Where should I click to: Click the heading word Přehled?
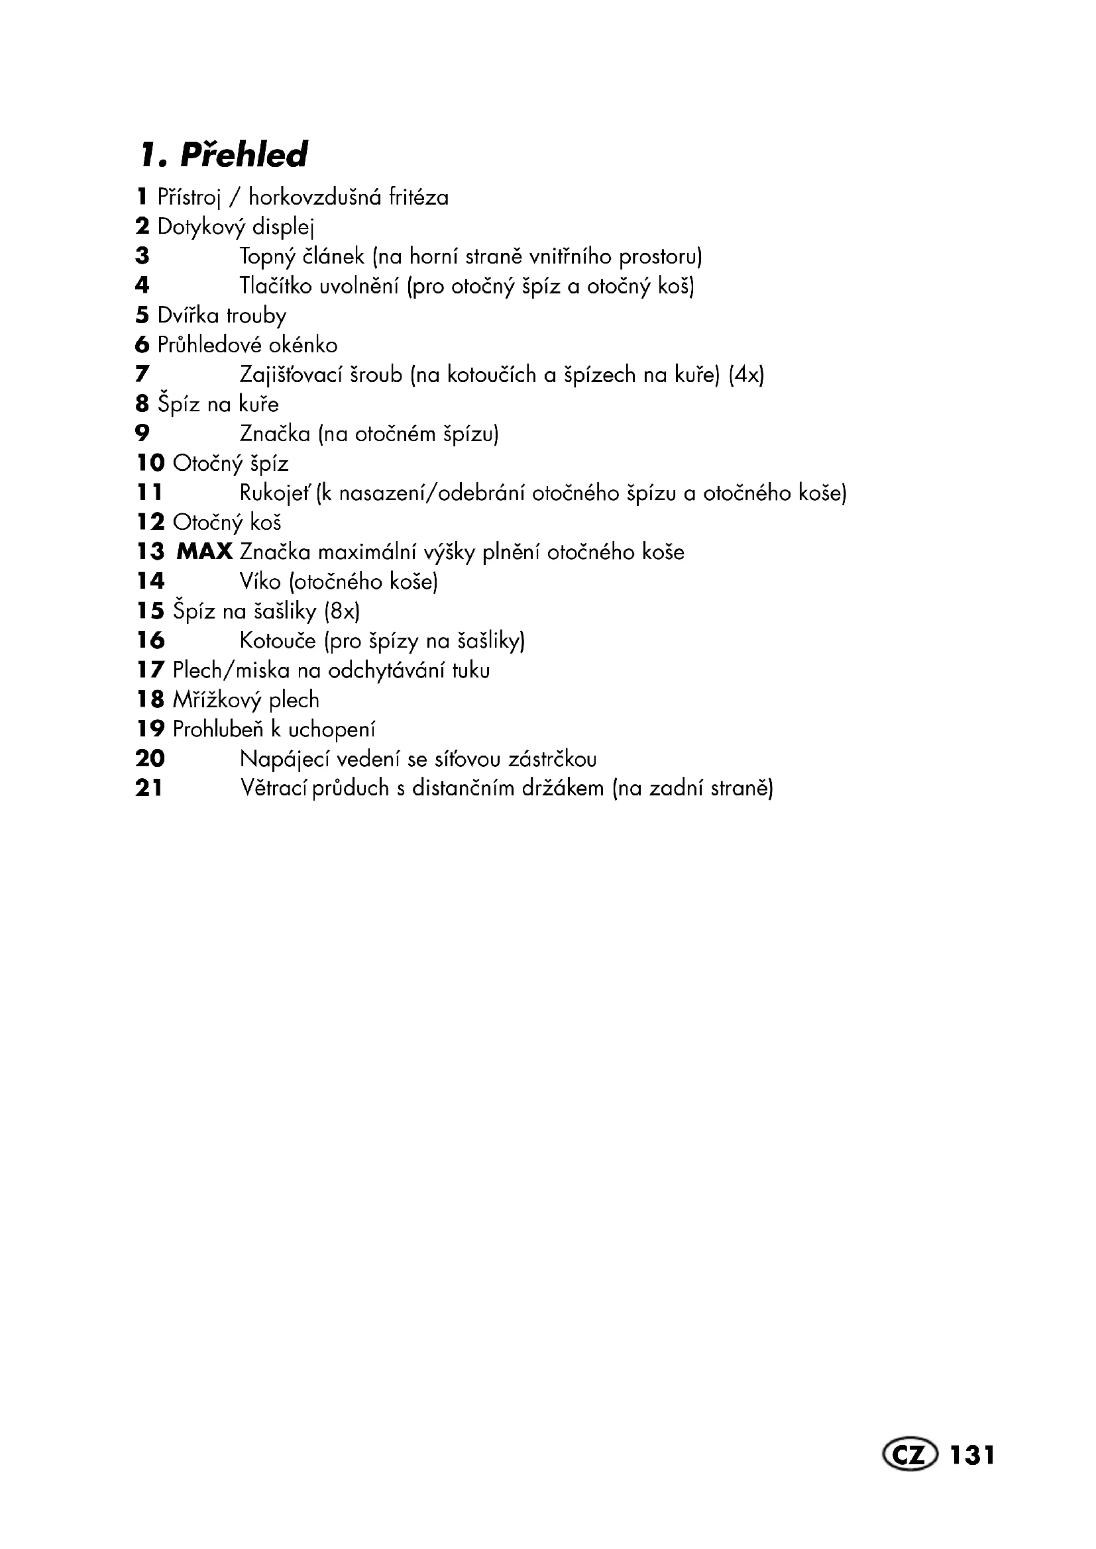244,155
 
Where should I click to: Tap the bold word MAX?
205,552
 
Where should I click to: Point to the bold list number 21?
149,788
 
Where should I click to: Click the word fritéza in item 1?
419,197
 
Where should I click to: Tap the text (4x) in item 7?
746,374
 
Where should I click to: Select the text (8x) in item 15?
342,611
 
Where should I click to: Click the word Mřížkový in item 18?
217,700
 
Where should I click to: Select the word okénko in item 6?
303,345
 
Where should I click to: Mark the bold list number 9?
142,433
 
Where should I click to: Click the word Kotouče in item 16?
278,640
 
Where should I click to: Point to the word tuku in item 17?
471,670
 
